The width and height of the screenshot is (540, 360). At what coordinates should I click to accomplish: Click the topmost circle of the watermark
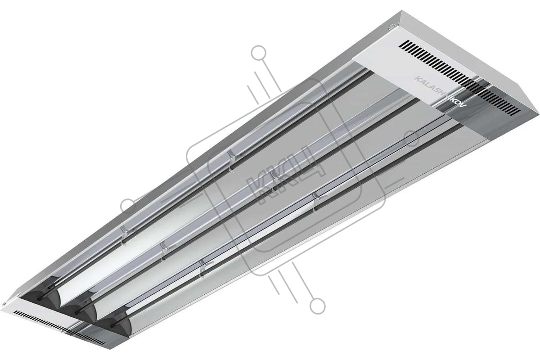click(x=258, y=53)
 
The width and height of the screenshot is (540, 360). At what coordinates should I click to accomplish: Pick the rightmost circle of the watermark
click(x=412, y=139)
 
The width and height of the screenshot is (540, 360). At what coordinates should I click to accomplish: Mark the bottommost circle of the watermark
click(x=317, y=306)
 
